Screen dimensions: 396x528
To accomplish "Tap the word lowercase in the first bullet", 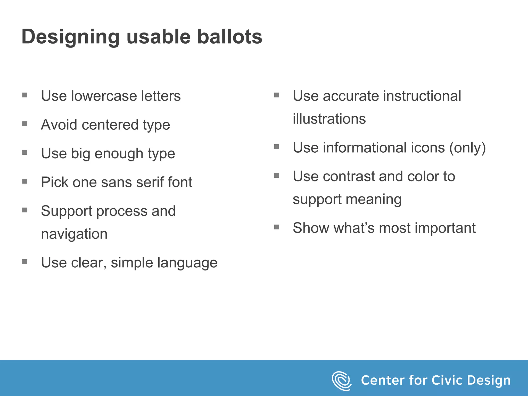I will coord(104,96).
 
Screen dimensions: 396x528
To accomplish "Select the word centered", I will coord(110,125).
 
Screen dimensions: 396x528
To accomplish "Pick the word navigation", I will coord(74,234).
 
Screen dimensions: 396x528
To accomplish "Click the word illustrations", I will coord(329,119).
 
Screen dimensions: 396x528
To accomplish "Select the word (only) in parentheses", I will coord(467,148).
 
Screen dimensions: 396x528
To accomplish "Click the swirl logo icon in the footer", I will coord(341,381).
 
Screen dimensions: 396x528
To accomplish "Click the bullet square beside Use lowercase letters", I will coord(25,95).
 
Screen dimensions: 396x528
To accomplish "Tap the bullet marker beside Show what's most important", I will coord(277,227).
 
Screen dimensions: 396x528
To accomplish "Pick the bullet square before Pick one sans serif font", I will coord(25,181).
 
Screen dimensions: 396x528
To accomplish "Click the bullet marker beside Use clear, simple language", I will coord(25,262).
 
